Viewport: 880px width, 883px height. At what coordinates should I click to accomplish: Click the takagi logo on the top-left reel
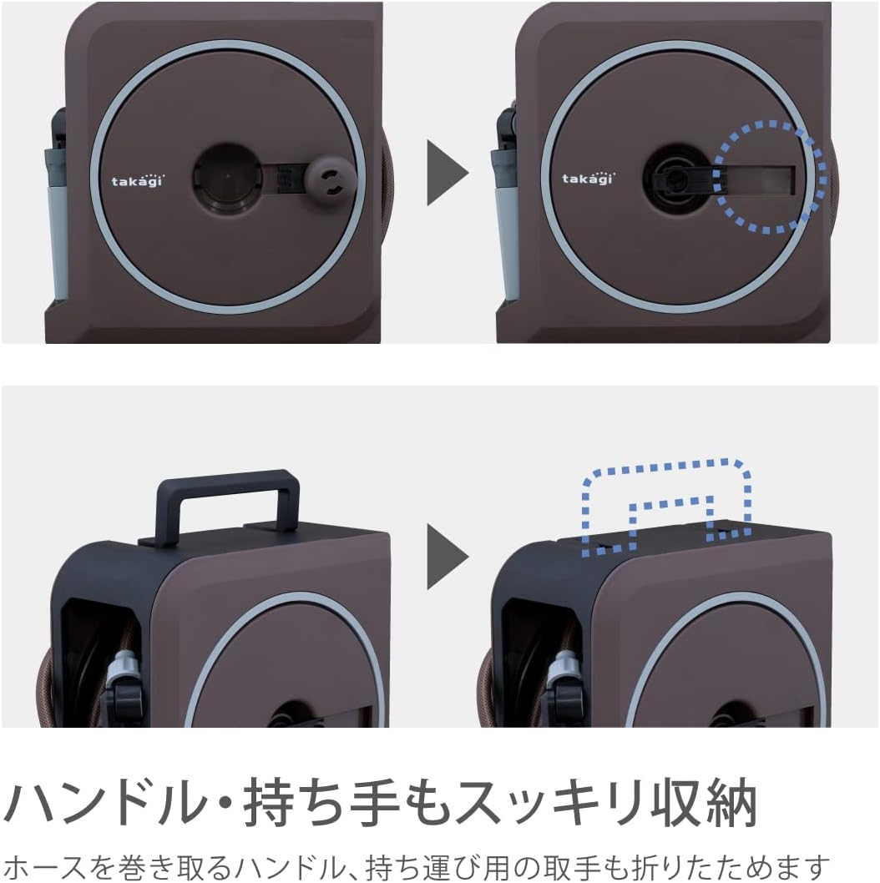point(137,181)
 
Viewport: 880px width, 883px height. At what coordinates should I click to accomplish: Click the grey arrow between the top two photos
point(448,172)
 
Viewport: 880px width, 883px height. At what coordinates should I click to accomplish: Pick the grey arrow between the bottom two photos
point(448,557)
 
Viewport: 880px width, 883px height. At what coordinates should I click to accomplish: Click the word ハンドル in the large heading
point(105,803)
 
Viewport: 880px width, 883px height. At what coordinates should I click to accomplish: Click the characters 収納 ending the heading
point(703,803)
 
